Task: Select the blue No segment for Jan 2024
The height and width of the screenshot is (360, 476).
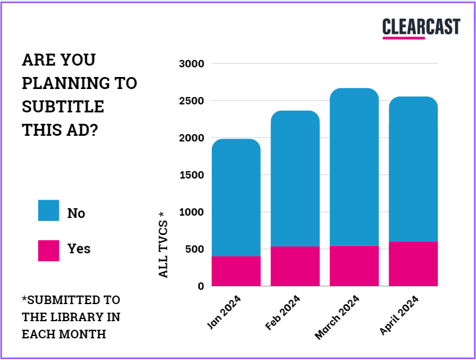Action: coord(236,197)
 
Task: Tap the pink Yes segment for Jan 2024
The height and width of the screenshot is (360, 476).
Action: coord(236,271)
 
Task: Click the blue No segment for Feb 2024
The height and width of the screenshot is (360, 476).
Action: coord(295,178)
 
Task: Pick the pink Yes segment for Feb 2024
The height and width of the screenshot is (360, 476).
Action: coord(295,266)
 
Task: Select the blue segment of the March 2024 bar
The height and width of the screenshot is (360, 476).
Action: coord(354,167)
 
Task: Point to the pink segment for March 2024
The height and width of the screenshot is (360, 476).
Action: coord(354,266)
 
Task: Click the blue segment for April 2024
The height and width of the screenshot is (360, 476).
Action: coord(413,169)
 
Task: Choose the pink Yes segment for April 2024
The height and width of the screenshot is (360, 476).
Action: coord(413,264)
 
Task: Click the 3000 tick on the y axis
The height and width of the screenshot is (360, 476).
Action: coord(191,64)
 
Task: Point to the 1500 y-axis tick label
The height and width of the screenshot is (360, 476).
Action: coord(191,175)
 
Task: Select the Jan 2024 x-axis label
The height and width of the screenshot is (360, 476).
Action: coord(224,313)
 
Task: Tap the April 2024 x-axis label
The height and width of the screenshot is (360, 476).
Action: coord(399,315)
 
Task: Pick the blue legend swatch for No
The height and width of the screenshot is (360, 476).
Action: coord(49,210)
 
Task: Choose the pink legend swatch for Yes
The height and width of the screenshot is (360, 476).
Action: coord(49,250)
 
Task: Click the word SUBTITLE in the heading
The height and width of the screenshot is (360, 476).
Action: coord(63,107)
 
